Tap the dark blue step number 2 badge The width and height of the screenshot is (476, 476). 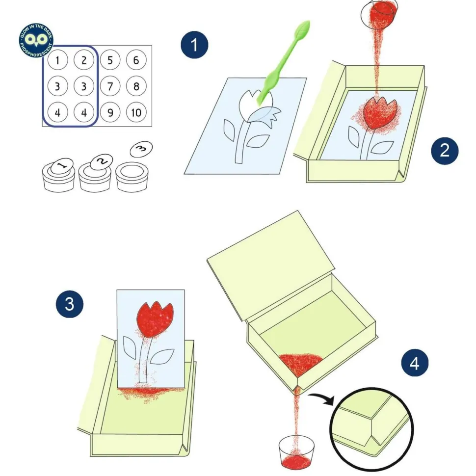tap(445, 151)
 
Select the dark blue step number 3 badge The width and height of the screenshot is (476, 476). tap(70, 304)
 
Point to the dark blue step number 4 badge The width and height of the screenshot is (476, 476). tap(415, 363)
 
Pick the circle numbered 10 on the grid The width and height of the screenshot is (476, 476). tap(136, 112)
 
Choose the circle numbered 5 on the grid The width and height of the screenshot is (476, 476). tap(110, 60)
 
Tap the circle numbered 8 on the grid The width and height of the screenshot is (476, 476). tap(136, 86)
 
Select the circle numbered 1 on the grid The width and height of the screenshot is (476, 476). tap(58, 60)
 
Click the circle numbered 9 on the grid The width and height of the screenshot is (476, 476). tap(110, 112)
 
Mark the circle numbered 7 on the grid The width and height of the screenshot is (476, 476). tap(110, 86)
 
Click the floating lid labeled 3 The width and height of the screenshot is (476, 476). tap(141, 149)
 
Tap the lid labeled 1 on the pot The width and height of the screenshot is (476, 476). tap(62, 166)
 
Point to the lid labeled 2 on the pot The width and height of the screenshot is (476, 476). tap(102, 162)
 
